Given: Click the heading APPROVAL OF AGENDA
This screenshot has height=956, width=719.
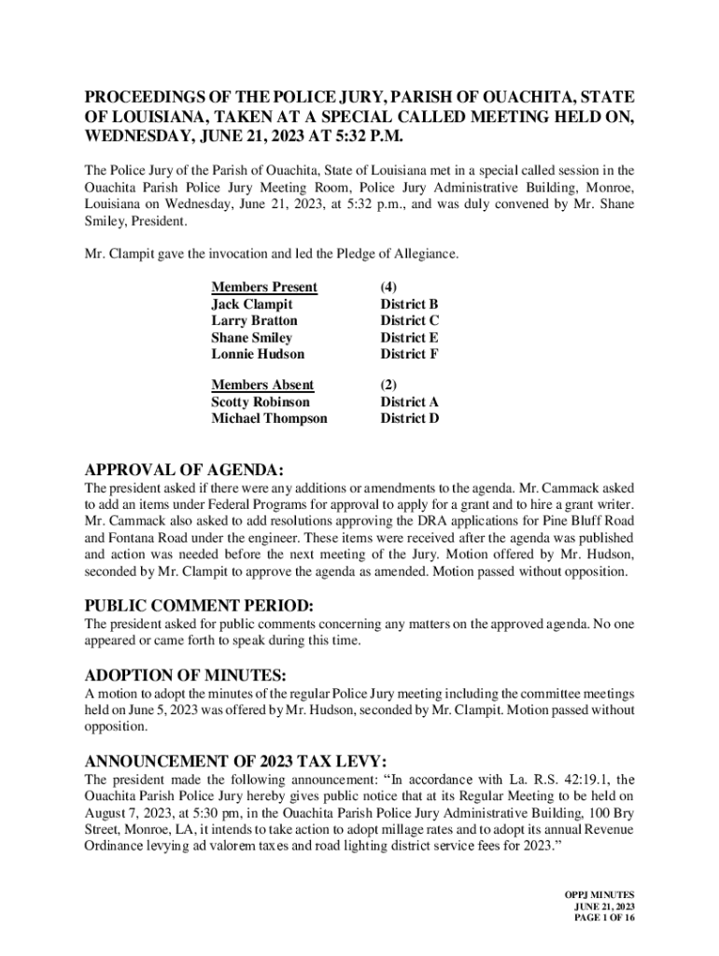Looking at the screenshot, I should point(184,469).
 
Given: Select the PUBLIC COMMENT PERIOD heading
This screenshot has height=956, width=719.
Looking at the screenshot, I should point(199,605).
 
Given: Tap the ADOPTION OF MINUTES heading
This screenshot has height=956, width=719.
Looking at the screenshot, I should point(186,675).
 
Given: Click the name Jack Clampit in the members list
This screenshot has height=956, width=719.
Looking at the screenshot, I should point(251,304).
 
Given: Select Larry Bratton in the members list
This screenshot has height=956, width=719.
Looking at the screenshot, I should point(254,321).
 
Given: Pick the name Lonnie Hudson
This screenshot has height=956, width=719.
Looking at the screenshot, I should point(258,354).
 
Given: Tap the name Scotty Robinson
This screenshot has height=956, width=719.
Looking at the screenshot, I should point(261,402).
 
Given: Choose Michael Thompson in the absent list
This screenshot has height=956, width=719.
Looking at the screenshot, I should point(269,418).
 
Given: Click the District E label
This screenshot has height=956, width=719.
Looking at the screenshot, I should point(409,338).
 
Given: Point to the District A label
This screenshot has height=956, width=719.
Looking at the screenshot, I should point(409,402).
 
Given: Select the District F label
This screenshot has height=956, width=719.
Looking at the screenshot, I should point(409,354).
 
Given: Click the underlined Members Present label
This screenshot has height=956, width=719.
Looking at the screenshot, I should point(264,288).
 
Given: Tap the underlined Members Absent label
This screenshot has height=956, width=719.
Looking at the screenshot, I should point(262,386).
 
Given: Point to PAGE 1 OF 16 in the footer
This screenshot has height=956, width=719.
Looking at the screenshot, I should point(606,919).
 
